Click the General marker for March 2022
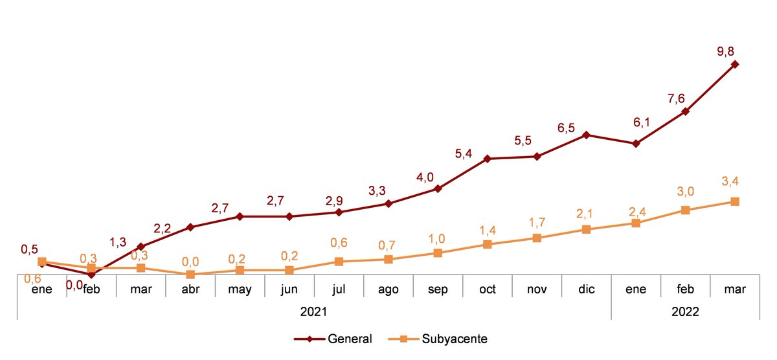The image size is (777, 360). coord(735,64)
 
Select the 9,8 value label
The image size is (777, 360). coord(725,49)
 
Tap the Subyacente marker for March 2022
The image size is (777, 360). coord(735,201)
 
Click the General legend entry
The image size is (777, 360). coord(350,339)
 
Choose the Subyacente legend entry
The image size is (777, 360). coord(454,339)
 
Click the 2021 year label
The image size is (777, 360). coord(313,311)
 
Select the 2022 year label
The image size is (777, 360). coord(685,311)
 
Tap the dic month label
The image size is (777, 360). coord(586,289)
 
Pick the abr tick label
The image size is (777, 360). coord(190,289)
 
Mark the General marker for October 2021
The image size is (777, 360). coord(488,158)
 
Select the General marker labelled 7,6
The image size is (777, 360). coord(686,111)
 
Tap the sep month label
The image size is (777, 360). coord(438,289)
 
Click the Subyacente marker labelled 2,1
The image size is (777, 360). coord(586,229)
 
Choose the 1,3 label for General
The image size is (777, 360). coord(118,242)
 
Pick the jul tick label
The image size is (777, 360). coord(339,289)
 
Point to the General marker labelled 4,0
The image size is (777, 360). coord(438,188)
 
